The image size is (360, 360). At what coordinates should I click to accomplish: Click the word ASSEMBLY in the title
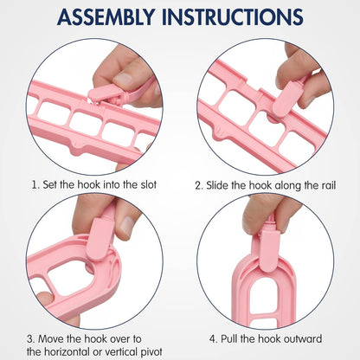(x=106, y=17)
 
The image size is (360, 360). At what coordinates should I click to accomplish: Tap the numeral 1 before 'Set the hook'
(x=35, y=185)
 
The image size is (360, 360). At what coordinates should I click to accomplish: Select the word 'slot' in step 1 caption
(x=149, y=184)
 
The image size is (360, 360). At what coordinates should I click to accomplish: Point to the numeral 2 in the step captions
(x=198, y=185)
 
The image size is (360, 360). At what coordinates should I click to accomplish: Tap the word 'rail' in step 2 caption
(x=329, y=185)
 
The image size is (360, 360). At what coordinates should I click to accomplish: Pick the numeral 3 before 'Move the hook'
(x=30, y=339)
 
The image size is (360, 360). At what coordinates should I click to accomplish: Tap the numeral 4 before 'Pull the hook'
(x=213, y=339)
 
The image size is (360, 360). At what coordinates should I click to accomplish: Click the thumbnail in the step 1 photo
(x=124, y=78)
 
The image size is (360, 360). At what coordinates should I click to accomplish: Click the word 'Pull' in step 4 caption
(x=228, y=338)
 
